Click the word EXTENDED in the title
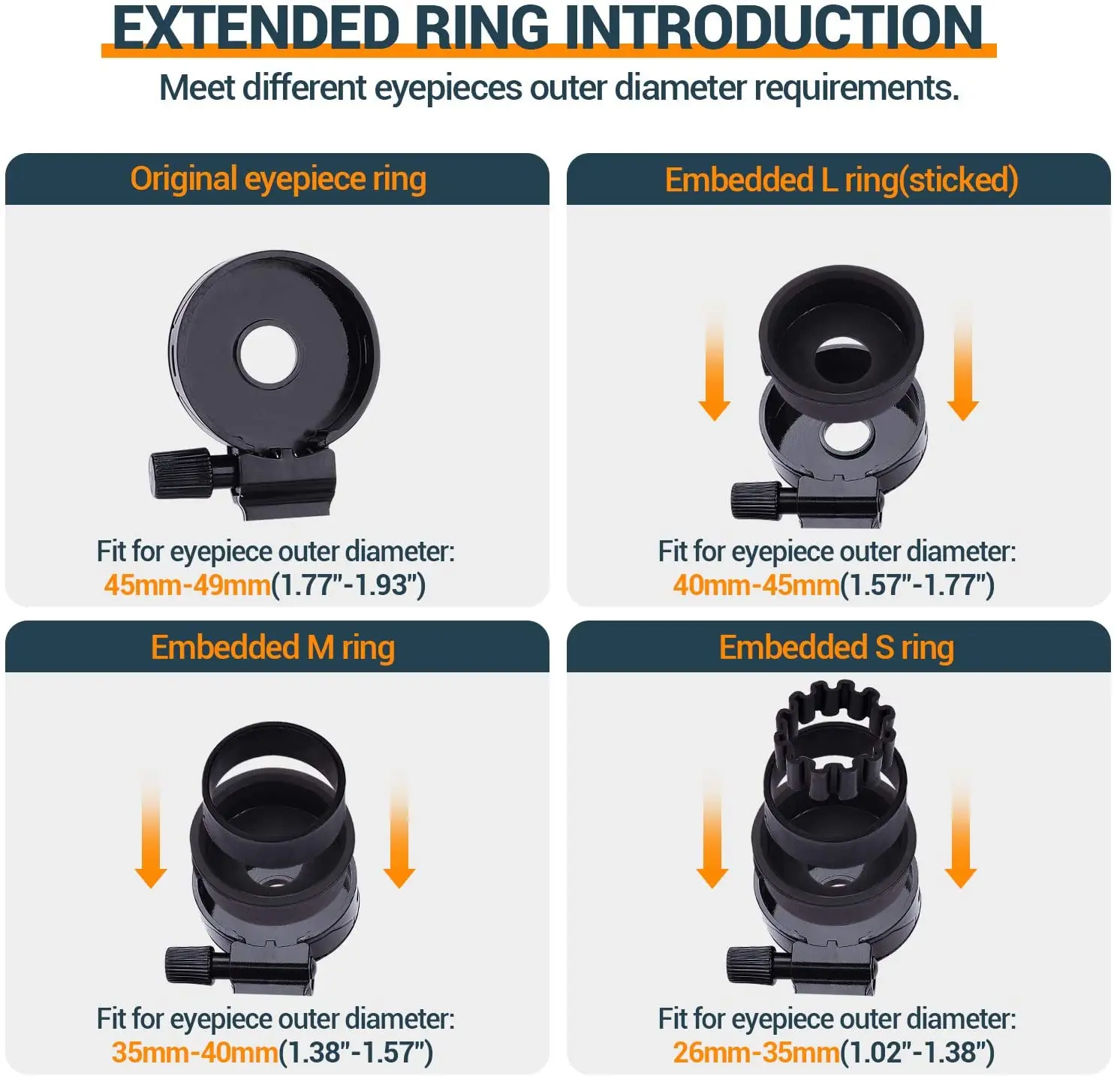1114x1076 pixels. point(255,29)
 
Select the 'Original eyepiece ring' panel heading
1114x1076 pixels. point(278,179)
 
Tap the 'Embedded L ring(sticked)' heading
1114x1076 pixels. point(841,180)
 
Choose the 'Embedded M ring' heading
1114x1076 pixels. point(272,647)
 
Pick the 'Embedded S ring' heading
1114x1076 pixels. point(836,647)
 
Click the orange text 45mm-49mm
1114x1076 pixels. point(187,585)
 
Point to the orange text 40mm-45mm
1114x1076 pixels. point(755,585)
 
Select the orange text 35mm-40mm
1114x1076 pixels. point(194,1052)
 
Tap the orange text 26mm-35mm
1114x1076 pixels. point(755,1052)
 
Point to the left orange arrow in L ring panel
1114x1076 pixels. point(714,364)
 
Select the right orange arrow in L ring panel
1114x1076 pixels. point(962,364)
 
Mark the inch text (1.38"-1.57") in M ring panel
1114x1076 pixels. point(356,1052)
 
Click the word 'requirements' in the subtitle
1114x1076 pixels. point(856,89)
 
